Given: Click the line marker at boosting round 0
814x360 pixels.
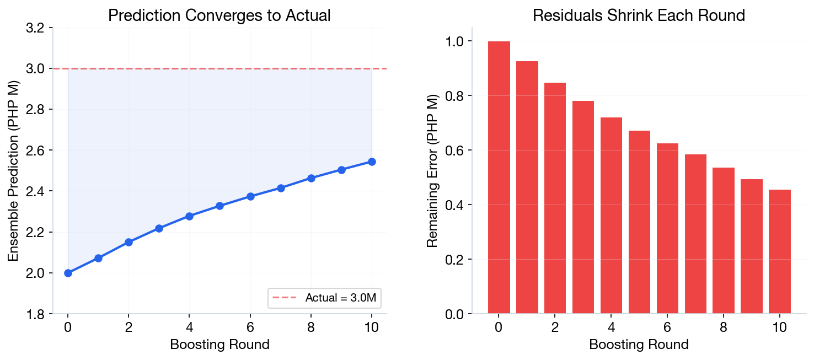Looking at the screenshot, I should click(x=68, y=273).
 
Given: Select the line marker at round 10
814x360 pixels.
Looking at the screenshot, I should click(x=372, y=162).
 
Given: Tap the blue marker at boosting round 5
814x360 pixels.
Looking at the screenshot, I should click(x=219, y=206).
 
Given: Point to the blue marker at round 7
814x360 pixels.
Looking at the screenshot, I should click(x=281, y=188).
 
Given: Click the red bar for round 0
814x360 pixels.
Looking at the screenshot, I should click(x=499, y=178).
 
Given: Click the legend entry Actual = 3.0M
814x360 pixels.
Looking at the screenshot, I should click(x=325, y=298).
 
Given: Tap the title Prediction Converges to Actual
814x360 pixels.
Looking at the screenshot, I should click(x=219, y=15).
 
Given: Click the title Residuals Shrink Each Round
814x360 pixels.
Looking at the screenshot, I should click(x=639, y=15).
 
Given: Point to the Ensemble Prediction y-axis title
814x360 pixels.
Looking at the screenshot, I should click(x=13, y=171).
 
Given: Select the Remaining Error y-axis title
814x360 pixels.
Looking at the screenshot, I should click(x=433, y=171).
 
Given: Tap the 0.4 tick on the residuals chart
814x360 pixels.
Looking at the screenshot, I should click(x=456, y=205).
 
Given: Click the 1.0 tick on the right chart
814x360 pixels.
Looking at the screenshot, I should click(x=456, y=41).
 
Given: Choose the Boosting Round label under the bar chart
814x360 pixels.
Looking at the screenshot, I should click(x=639, y=345).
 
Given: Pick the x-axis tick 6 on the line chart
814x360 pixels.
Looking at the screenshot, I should click(x=250, y=326).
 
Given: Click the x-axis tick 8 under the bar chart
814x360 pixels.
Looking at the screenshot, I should click(x=723, y=326).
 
